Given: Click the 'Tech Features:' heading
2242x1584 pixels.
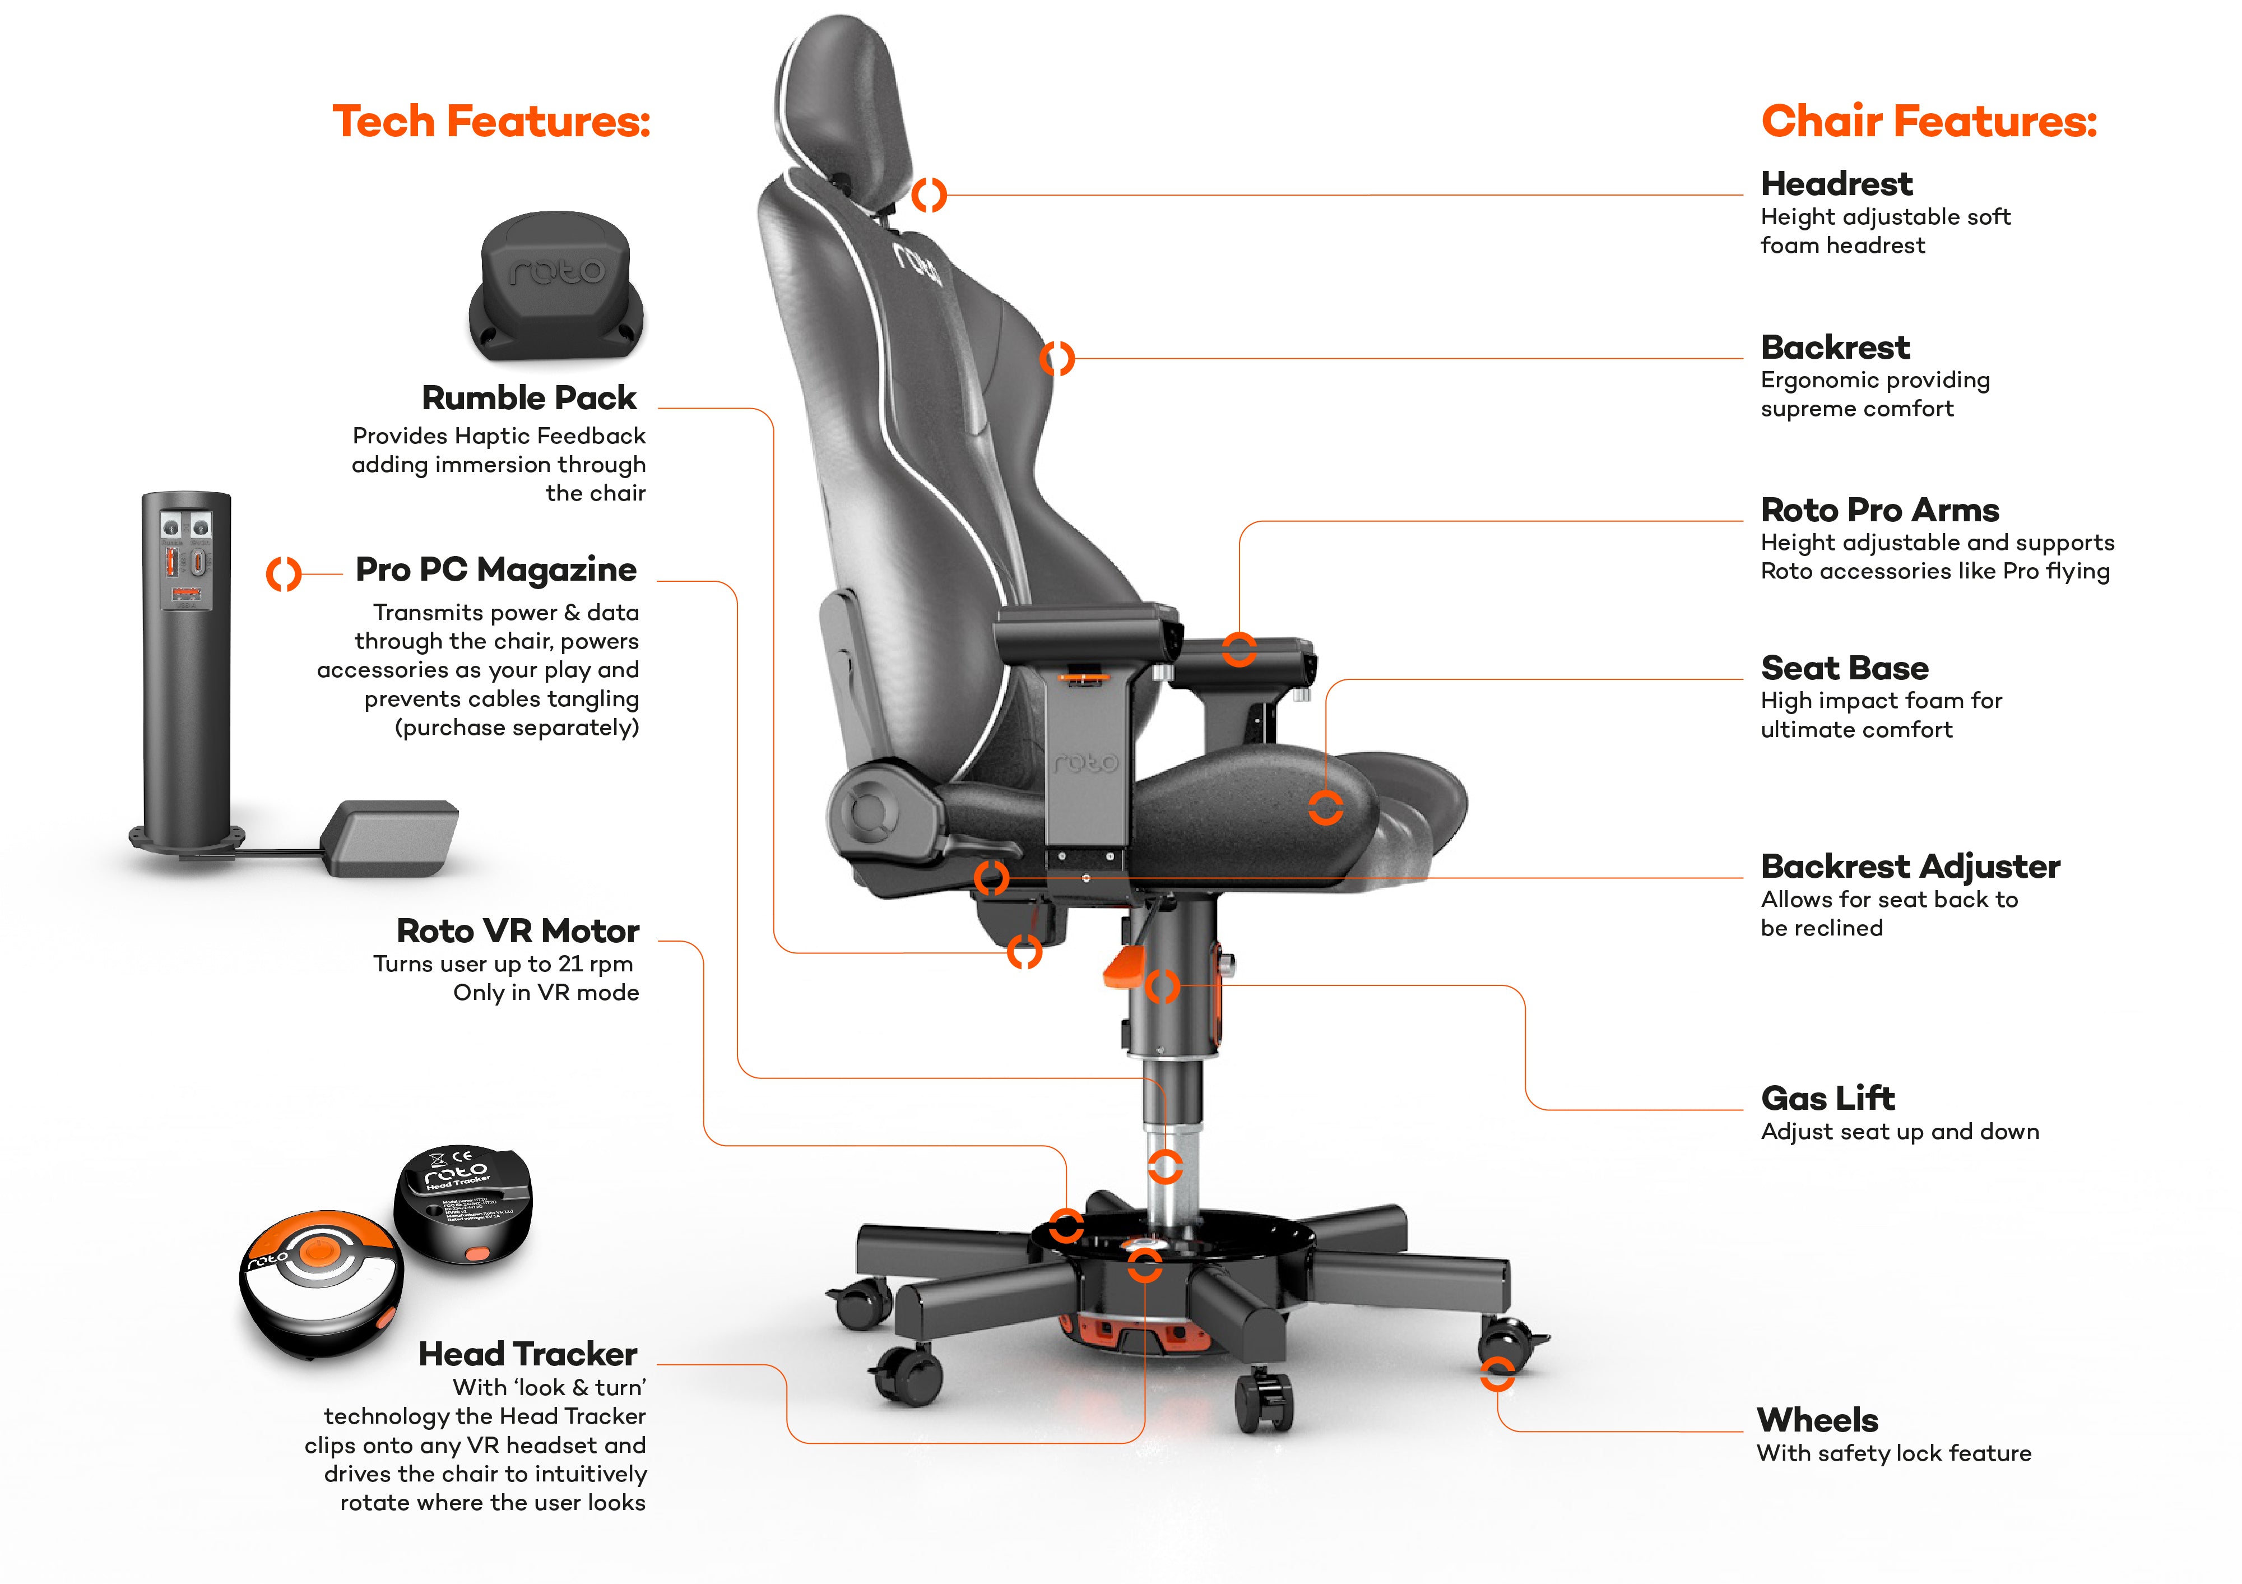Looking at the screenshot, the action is click(491, 121).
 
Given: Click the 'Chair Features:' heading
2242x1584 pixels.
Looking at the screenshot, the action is click(1929, 121).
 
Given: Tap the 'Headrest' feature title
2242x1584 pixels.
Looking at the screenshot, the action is click(1836, 184).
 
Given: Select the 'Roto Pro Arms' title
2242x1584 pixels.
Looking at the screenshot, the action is click(1879, 510).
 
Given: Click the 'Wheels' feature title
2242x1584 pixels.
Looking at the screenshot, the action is click(1817, 1420).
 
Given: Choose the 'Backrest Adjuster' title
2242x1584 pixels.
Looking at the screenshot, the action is click(1910, 866).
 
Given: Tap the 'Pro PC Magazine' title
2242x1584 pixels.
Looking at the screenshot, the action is click(496, 569).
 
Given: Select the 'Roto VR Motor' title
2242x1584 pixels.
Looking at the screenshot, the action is click(518, 930).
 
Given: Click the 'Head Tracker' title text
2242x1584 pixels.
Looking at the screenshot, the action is click(527, 1355).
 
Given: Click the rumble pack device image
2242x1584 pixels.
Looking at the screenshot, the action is click(556, 285).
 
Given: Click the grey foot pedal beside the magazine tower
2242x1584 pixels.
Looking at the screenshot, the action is click(389, 838).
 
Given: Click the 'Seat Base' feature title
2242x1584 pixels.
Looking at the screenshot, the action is click(1845, 668).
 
